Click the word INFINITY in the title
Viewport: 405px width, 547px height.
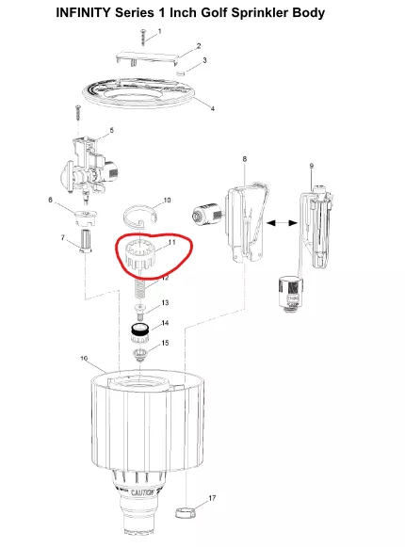click(83, 13)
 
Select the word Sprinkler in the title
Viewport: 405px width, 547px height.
click(260, 13)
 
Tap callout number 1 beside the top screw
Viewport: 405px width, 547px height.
click(160, 31)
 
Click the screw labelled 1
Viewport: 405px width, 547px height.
click(143, 38)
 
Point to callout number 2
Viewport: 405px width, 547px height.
click(199, 46)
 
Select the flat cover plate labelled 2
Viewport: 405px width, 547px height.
click(147, 58)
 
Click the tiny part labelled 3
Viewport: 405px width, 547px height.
click(180, 73)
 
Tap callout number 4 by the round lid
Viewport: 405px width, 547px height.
click(212, 109)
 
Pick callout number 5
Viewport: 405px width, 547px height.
click(111, 131)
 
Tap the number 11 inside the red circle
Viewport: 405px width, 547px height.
click(171, 242)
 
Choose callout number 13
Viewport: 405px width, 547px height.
click(165, 303)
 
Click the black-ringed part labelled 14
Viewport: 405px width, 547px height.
click(140, 334)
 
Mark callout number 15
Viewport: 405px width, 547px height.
click(165, 344)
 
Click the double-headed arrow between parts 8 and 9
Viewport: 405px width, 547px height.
click(283, 223)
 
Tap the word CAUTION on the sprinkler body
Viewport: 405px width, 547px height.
click(142, 492)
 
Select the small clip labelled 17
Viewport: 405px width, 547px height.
click(185, 512)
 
